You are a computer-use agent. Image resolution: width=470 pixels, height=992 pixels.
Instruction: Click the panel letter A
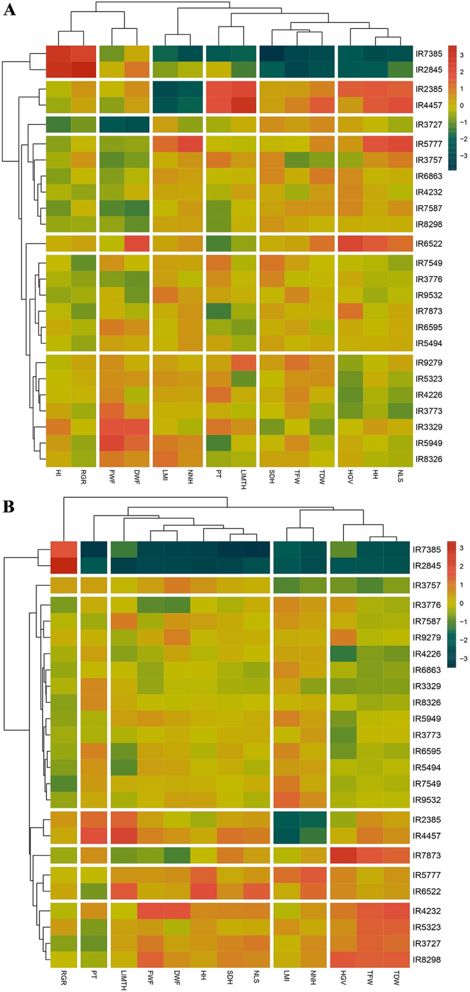[x=9, y=10]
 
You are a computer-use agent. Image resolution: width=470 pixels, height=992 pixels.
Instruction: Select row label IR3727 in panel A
[x=428, y=125]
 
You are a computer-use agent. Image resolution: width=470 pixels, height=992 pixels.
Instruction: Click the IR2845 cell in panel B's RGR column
[x=63, y=565]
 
